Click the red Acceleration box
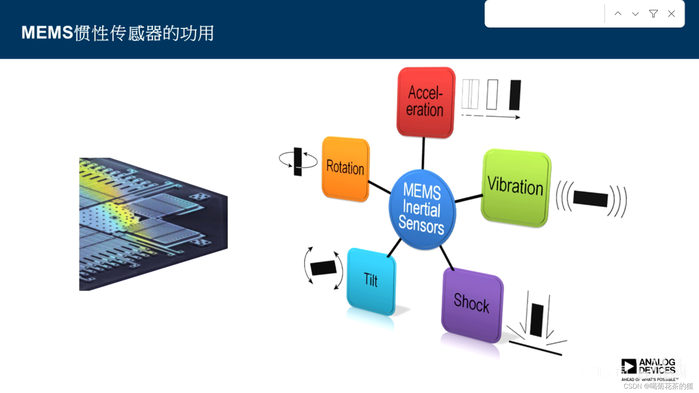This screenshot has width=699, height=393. click(x=425, y=102)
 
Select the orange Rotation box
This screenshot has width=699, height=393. click(x=345, y=168)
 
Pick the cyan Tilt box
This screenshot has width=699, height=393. click(x=371, y=281)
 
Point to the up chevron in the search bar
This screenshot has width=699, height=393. click(x=618, y=14)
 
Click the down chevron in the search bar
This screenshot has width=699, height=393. click(x=635, y=14)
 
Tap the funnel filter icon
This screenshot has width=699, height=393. click(x=653, y=14)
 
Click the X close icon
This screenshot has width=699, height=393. click(x=671, y=14)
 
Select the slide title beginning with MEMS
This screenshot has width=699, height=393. click(x=118, y=33)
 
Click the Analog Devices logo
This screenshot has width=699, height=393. click(x=648, y=368)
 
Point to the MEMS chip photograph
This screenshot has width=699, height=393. click(x=153, y=224)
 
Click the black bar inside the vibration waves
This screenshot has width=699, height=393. click(x=590, y=199)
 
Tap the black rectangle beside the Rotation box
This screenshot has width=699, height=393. click(x=298, y=162)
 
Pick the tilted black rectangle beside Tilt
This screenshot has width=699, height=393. click(x=323, y=268)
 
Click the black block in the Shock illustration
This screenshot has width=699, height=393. click(x=537, y=320)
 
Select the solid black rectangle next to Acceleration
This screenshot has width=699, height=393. click(x=515, y=95)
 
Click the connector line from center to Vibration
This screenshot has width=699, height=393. click(x=469, y=198)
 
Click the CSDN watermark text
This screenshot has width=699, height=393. click(x=658, y=386)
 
